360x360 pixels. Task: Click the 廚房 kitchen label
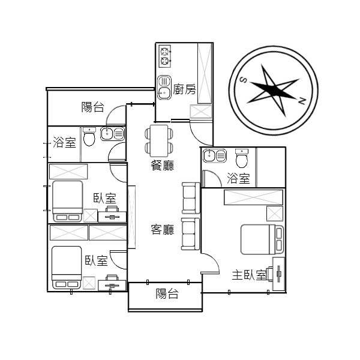tap(184, 89)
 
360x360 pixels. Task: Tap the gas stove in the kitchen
tap(165, 56)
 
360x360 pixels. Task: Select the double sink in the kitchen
tap(164, 88)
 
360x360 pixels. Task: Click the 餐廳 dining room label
tap(163, 165)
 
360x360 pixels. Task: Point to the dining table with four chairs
tap(159, 141)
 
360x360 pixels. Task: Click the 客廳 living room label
tap(163, 229)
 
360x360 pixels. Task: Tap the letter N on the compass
tap(302, 101)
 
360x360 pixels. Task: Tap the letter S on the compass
tap(244, 80)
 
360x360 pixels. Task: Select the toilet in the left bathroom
tap(89, 137)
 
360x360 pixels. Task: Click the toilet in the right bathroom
tap(242, 158)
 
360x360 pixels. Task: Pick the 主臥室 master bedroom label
tap(249, 275)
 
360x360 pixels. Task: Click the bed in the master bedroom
tap(262, 239)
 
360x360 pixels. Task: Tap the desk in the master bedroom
tap(279, 274)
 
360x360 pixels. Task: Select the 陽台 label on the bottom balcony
tap(167, 293)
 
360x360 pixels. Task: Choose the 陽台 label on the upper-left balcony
tap(93, 107)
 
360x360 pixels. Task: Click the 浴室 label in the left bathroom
tap(64, 142)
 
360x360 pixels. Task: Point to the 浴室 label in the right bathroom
tap(238, 178)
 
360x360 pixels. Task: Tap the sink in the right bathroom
tap(215, 155)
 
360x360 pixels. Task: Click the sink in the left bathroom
tap(113, 134)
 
